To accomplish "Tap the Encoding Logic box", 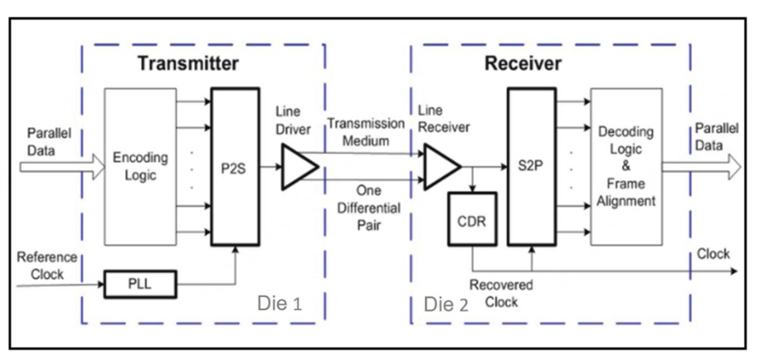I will (141, 167).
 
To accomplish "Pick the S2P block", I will (533, 167).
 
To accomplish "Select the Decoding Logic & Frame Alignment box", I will (628, 167).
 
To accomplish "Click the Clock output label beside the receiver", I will (713, 254).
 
